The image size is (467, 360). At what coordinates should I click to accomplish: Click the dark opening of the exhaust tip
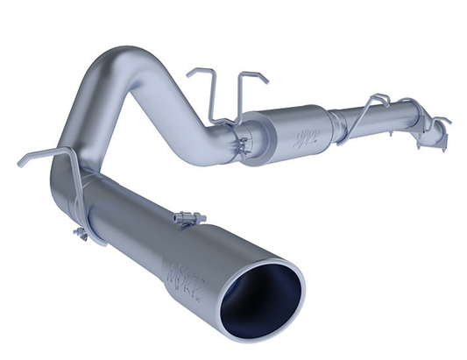275,293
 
